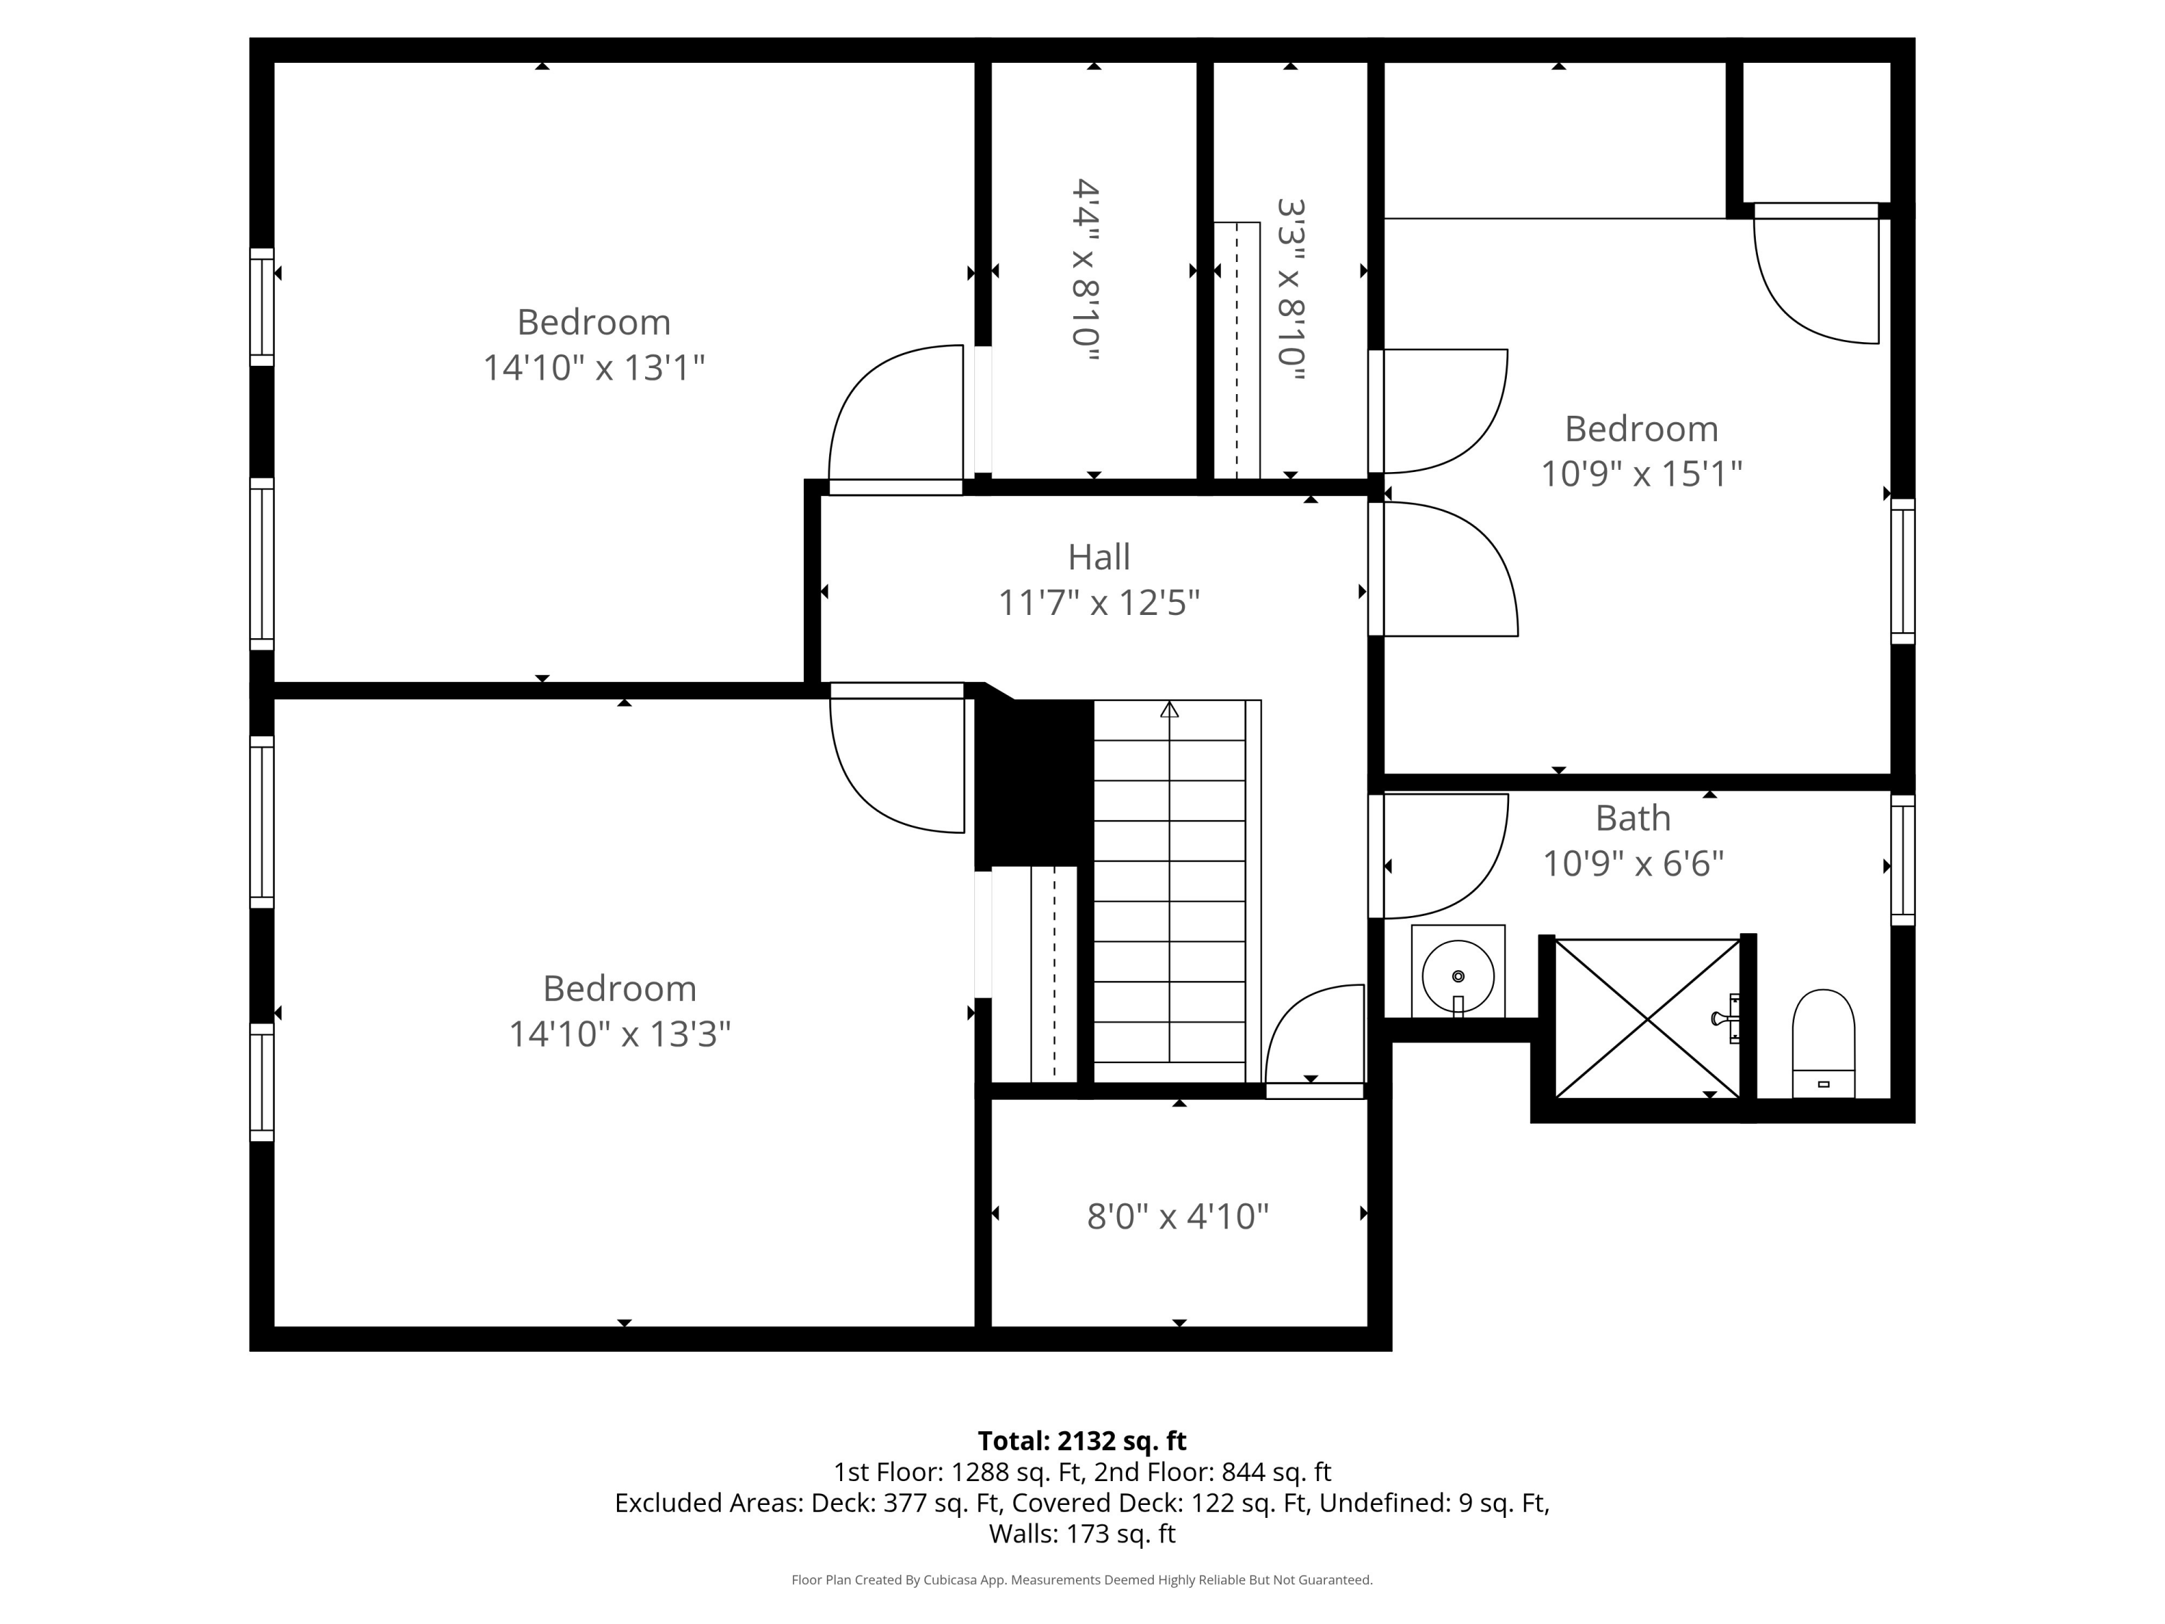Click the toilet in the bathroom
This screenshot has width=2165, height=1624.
click(x=1824, y=1044)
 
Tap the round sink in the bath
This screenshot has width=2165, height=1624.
click(x=1458, y=976)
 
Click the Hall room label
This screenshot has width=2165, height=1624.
click(x=1098, y=557)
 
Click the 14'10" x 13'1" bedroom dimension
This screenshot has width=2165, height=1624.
click(x=594, y=368)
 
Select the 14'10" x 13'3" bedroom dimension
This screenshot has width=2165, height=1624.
click(x=619, y=1034)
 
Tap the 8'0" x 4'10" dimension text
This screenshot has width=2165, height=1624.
click(x=1178, y=1217)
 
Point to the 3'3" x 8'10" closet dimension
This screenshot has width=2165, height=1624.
click(x=1292, y=289)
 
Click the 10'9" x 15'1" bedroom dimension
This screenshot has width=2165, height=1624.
click(x=1641, y=473)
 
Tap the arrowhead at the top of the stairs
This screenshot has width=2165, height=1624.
click(x=1170, y=709)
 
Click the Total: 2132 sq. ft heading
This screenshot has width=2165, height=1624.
click(x=1082, y=1441)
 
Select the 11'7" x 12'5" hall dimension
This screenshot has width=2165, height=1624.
click(x=1098, y=603)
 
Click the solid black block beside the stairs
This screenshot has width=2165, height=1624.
click(x=1035, y=783)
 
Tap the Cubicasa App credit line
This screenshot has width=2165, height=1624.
click(x=1082, y=1580)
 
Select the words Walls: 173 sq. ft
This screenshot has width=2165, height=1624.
click(x=1082, y=1534)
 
